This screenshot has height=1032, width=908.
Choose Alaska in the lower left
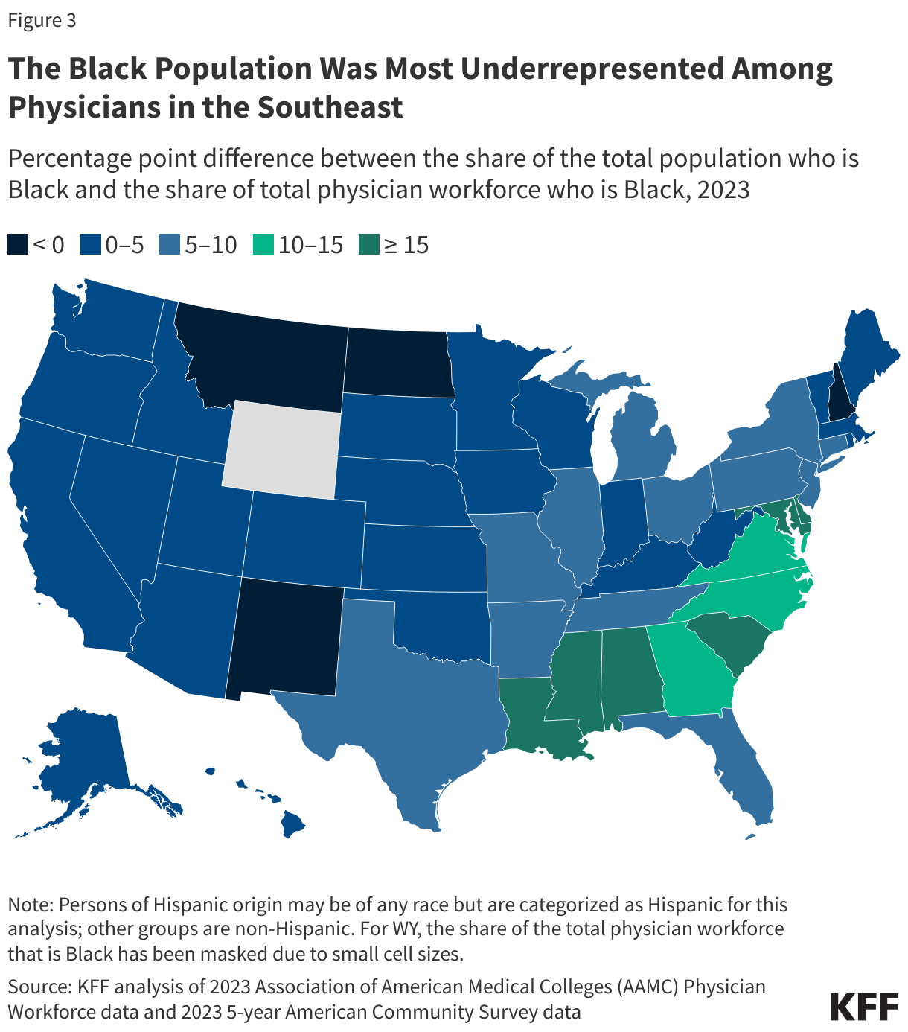(82, 759)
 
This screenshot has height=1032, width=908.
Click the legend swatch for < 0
(18, 244)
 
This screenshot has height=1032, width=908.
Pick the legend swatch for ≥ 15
(368, 244)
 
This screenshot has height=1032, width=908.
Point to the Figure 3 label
(42, 20)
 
